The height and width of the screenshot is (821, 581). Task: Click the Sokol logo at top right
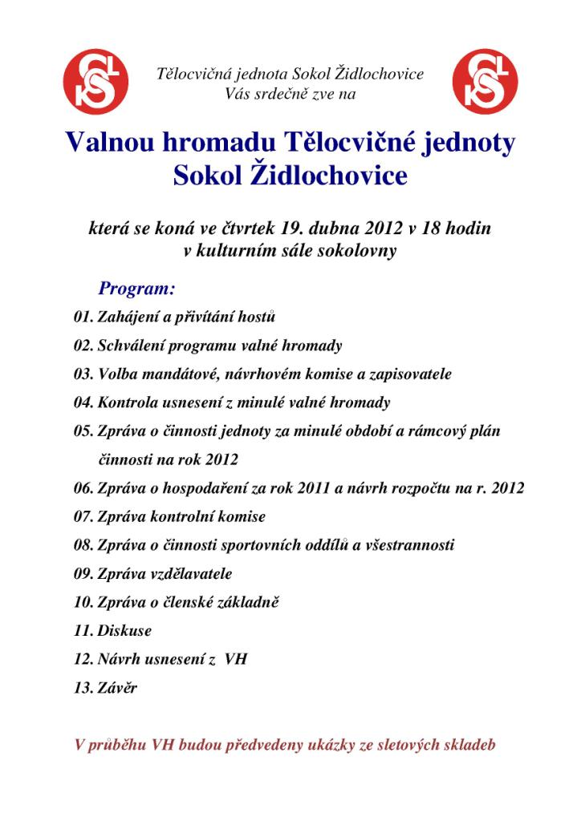click(484, 83)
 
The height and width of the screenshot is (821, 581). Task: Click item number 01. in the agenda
click(83, 317)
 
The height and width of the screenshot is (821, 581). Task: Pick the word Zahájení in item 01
click(128, 317)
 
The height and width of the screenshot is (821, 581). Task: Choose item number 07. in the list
click(83, 517)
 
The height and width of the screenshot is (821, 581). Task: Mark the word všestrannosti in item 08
click(406, 545)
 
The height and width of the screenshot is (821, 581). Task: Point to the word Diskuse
click(124, 631)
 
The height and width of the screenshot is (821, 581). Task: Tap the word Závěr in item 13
click(117, 688)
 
